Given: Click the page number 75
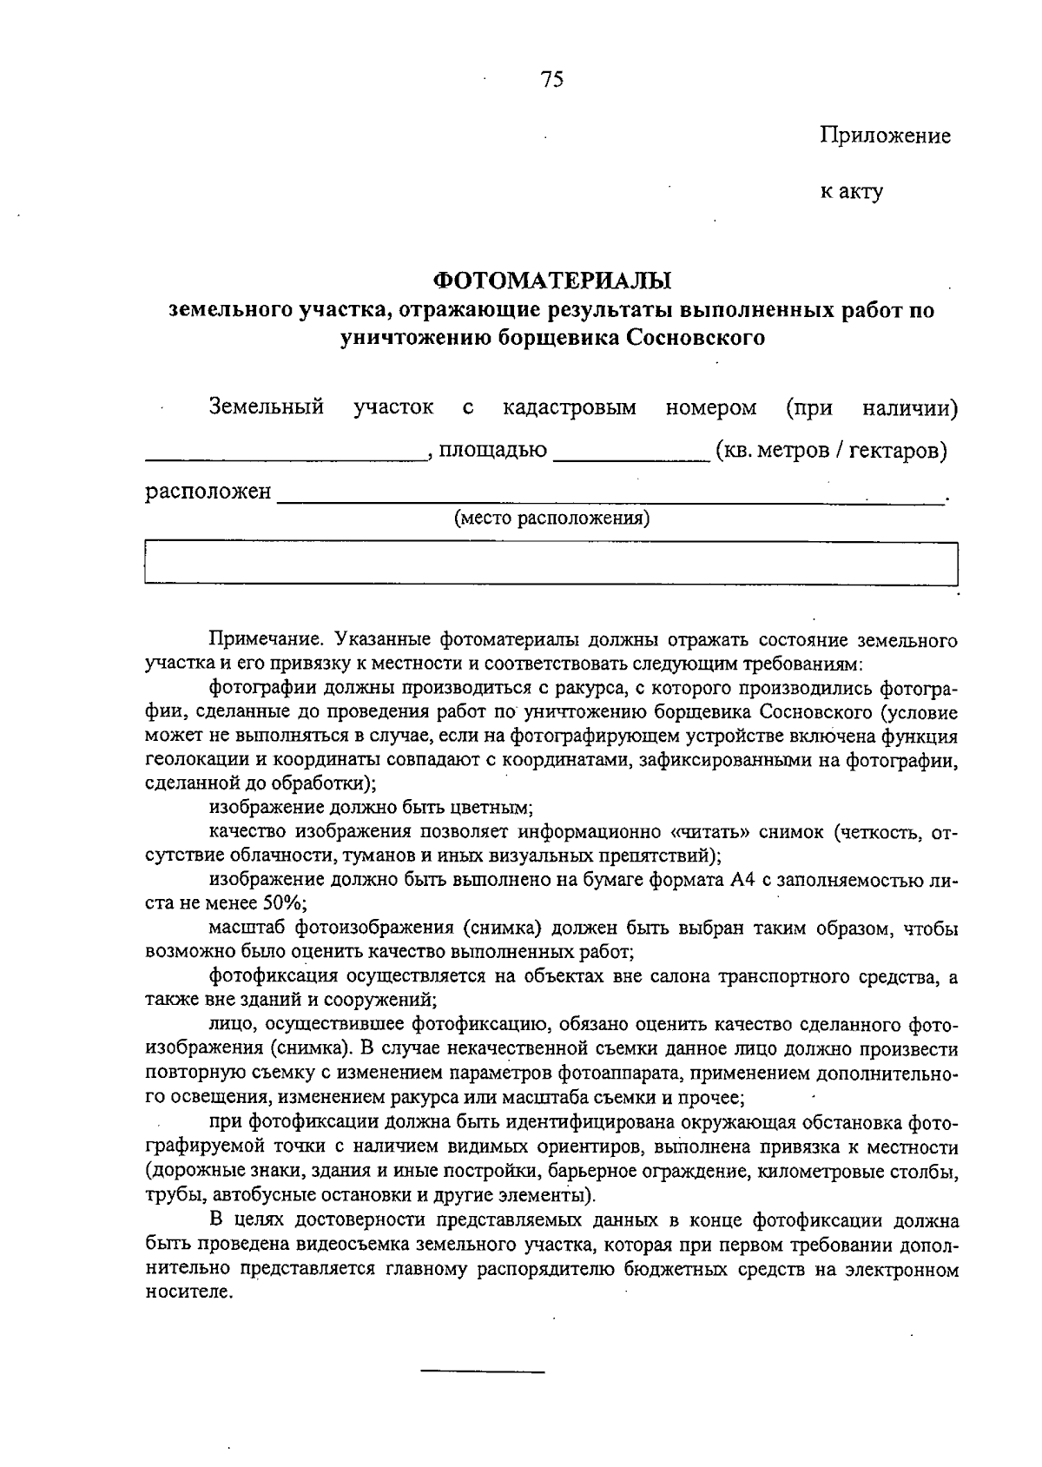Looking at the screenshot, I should click(552, 80).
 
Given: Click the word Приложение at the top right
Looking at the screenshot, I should click(885, 135).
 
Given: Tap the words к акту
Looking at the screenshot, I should click(852, 191).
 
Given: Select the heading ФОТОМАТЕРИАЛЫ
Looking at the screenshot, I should click(552, 281).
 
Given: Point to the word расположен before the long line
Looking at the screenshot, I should click(208, 492).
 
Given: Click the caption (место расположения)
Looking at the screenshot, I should click(552, 519).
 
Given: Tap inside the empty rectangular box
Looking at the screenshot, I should click(551, 564).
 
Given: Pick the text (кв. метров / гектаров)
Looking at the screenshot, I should click(830, 450).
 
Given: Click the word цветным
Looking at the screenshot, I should click(494, 807).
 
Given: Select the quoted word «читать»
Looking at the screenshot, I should click(711, 832).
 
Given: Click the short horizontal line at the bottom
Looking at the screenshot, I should click(483, 1371).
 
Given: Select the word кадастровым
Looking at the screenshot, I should click(570, 406).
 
